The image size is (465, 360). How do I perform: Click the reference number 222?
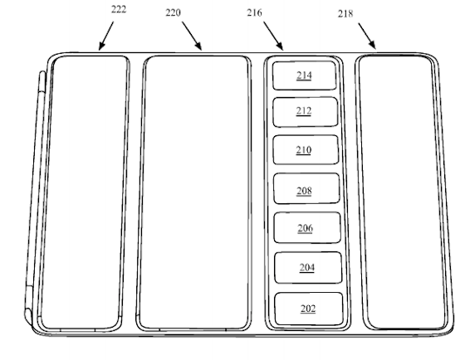tap(119, 9)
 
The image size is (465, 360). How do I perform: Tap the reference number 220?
tap(173, 12)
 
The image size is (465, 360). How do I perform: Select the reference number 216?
tap(254, 12)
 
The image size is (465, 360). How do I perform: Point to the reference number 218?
tap(345, 13)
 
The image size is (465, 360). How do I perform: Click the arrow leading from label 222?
tap(106, 36)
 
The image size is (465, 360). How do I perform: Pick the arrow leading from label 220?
tap(192, 36)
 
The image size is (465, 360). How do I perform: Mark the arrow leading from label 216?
tap(273, 36)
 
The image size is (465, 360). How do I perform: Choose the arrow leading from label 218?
tap(367, 36)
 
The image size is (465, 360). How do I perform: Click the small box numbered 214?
tap(304, 75)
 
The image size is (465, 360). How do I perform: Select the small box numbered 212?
tap(305, 112)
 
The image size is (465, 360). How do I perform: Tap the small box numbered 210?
tap(306, 149)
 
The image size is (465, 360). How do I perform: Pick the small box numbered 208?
tap(306, 188)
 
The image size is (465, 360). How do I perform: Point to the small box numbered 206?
tap(307, 227)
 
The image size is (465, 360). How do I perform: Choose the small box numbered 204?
tap(308, 268)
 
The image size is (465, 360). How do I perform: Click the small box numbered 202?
tap(309, 309)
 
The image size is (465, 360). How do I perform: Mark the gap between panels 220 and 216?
tap(257, 192)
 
